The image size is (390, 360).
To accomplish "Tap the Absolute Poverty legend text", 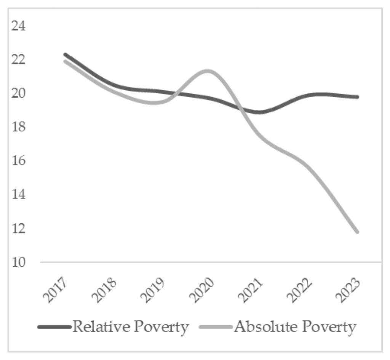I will (295, 326).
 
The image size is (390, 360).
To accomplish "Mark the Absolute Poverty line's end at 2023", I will (357, 231).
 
